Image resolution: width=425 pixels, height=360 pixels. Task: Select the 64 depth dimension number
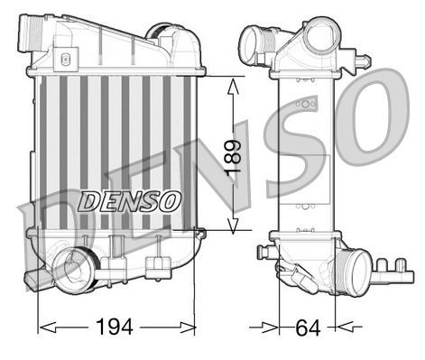click(x=307, y=326)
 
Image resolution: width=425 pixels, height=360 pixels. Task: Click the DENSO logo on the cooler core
click(x=129, y=199)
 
